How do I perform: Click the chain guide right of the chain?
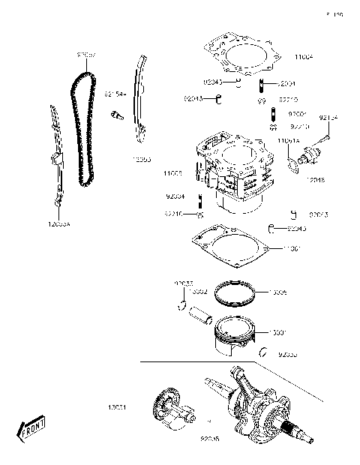139,97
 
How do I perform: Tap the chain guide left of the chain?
55,157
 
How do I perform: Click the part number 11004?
303,56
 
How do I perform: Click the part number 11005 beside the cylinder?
172,172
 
